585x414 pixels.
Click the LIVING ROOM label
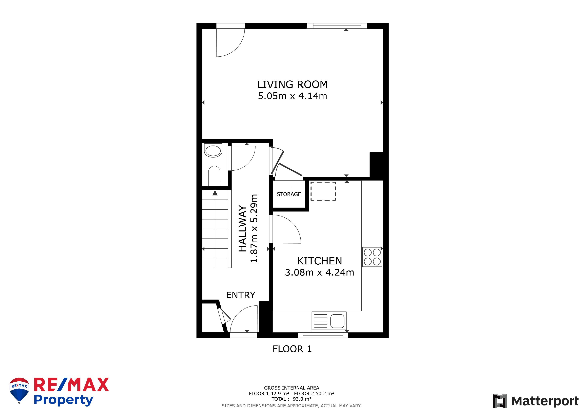tap(292, 84)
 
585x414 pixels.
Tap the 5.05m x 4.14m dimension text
tap(292, 96)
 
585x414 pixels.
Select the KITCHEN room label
tap(320, 261)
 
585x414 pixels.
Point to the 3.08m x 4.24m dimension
tap(320, 272)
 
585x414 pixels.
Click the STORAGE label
tap(289, 194)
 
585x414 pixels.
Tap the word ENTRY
tap(241, 295)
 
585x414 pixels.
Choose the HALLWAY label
tap(243, 228)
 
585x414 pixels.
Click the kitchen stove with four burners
tap(372, 257)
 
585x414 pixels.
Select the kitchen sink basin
tap(337, 321)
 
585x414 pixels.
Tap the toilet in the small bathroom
tap(214, 176)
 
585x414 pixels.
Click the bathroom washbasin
tap(213, 150)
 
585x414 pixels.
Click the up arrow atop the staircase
tap(215, 193)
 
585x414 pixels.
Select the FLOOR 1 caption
tap(292, 349)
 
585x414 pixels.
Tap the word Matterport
tap(545, 401)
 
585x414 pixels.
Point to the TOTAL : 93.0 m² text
tap(291, 399)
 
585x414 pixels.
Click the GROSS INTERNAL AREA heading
tap(291, 388)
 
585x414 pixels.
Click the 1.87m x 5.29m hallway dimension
tap(254, 228)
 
